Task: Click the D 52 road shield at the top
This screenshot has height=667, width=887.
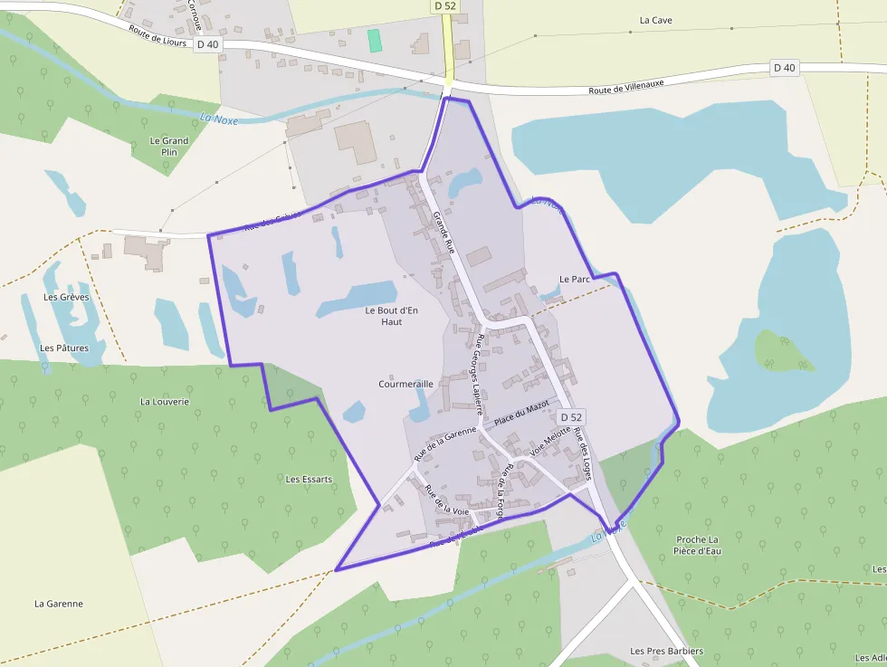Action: pos(443,6)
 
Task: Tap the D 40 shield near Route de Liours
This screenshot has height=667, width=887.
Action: pos(206,43)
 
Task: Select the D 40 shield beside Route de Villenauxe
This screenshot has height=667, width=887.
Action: pos(785,67)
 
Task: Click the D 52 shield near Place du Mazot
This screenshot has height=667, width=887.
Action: pos(571,417)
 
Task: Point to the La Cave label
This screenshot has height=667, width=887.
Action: pos(656,20)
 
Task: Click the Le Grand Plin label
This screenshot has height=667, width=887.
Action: pos(169,146)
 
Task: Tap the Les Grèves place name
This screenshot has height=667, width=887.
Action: pos(66,297)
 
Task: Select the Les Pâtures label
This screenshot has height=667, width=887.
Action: pos(64,348)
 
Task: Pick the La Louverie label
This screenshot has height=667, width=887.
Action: pos(165,401)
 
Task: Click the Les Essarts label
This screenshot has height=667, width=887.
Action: pos(309,479)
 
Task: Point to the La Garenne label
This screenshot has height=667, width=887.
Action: pos(59,604)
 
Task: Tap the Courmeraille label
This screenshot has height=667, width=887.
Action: pos(405,384)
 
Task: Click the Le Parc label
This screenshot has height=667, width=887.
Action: pos(575,279)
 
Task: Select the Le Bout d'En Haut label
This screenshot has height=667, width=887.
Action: pos(391,316)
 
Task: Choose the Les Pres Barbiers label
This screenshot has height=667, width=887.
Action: pos(667,651)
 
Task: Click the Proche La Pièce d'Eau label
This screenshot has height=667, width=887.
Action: pos(697,545)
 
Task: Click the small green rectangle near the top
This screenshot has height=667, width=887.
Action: pos(375,41)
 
